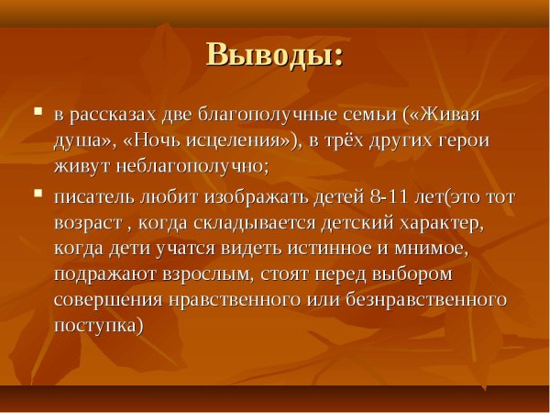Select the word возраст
[87, 223]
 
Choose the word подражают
[102, 274]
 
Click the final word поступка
[97, 326]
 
